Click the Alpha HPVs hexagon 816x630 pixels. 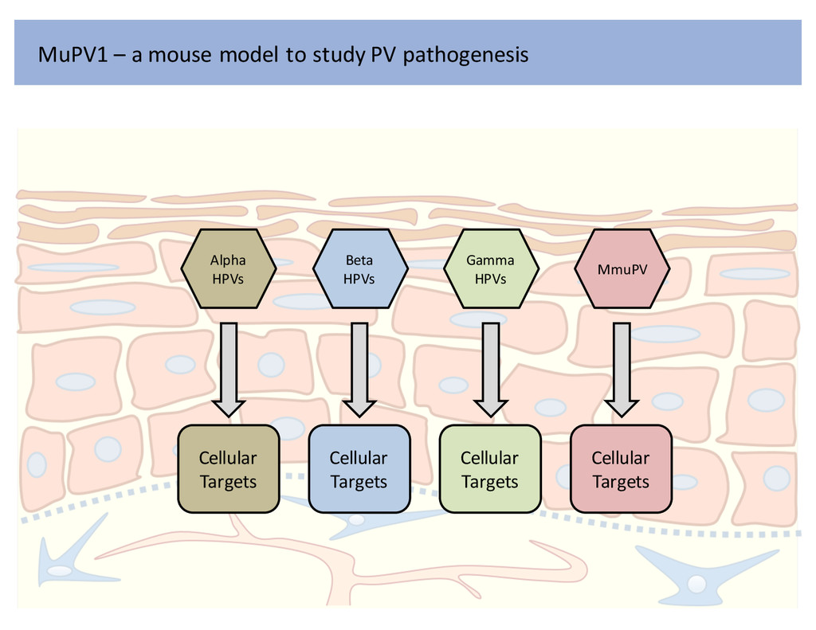click(x=228, y=269)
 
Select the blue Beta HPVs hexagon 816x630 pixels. click(x=359, y=269)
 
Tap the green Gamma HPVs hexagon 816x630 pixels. click(x=490, y=269)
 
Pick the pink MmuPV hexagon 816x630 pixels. click(x=622, y=269)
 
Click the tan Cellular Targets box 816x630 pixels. click(x=228, y=469)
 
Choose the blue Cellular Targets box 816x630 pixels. click(x=359, y=469)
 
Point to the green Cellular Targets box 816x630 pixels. click(x=490, y=469)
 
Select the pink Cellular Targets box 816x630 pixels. click(x=621, y=469)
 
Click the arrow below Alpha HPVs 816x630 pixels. click(x=229, y=367)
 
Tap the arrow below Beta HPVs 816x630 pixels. click(x=359, y=367)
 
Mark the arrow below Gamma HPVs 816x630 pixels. click(x=491, y=367)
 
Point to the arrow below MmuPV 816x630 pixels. click(x=622, y=367)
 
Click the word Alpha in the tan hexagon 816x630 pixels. click(x=228, y=260)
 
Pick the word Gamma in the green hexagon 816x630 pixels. click(x=490, y=260)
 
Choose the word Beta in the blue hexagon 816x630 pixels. click(x=359, y=260)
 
